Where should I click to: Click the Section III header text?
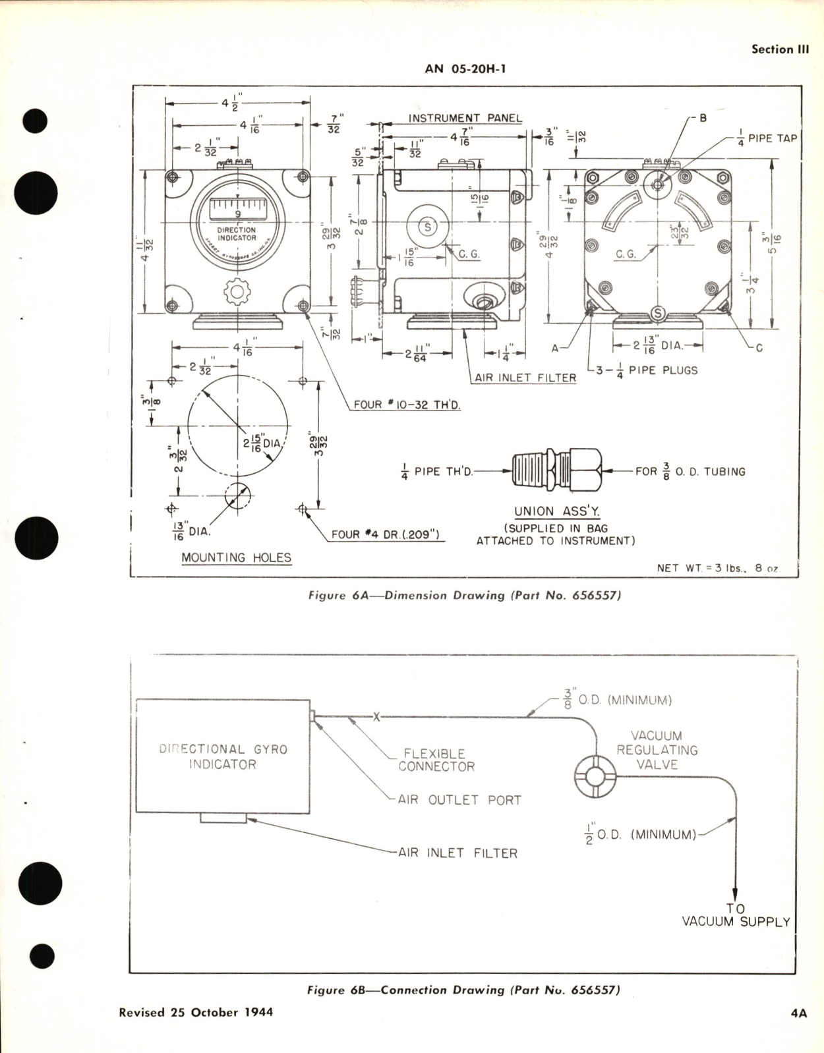click(x=780, y=49)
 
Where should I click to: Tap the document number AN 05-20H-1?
click(x=465, y=69)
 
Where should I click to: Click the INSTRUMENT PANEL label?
click(x=465, y=119)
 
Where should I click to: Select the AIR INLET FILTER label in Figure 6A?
click(x=525, y=378)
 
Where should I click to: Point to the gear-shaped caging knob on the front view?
click(x=237, y=292)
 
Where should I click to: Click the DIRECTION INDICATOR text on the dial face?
click(x=237, y=234)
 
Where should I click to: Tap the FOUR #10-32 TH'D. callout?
click(x=407, y=405)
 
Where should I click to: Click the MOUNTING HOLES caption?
click(x=236, y=557)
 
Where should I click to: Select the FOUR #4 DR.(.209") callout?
click(x=385, y=534)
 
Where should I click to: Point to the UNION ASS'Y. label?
click(x=557, y=511)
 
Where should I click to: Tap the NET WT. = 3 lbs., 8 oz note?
click(x=718, y=567)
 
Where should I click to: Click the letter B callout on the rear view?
click(x=703, y=119)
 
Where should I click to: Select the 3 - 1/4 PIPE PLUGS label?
click(x=646, y=370)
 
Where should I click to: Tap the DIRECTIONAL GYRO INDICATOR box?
click(x=223, y=756)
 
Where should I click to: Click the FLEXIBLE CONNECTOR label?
click(x=436, y=760)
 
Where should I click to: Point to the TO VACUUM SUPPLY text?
click(x=736, y=915)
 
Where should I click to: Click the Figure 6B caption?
click(x=463, y=990)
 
